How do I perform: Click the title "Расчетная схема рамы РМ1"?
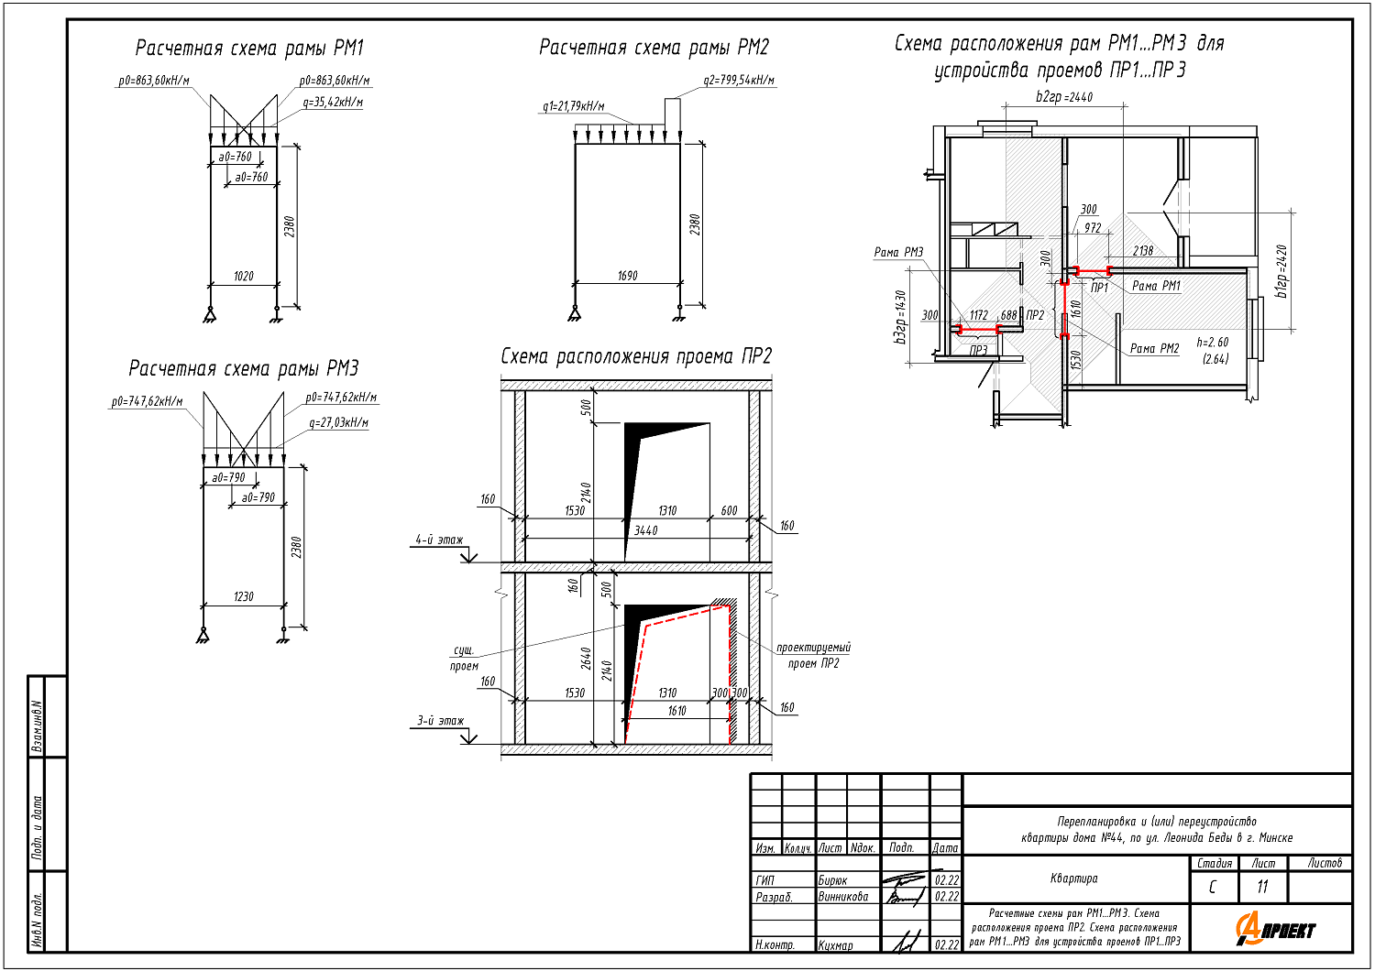click(x=249, y=49)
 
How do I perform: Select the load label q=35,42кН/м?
click(x=333, y=103)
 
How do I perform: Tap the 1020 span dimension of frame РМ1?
click(x=243, y=276)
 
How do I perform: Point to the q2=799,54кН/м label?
click(x=739, y=81)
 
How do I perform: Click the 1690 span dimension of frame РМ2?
click(x=627, y=276)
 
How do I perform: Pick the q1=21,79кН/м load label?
click(x=573, y=107)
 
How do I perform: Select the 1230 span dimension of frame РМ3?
click(x=243, y=596)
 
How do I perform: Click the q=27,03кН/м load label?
click(x=338, y=423)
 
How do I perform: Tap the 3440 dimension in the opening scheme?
click(x=645, y=530)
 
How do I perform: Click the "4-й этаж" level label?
click(x=439, y=540)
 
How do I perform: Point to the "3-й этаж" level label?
click(x=440, y=721)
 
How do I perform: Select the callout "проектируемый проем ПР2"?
click(x=813, y=655)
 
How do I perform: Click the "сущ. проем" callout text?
click(x=464, y=658)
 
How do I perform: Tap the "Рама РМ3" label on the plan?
click(x=898, y=253)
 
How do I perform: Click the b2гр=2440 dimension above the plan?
click(x=1064, y=97)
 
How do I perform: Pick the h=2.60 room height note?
click(x=1212, y=343)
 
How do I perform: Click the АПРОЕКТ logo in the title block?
click(x=1275, y=929)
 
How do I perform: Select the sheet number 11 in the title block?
click(x=1262, y=887)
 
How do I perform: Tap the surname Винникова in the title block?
click(x=843, y=897)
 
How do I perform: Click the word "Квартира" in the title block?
click(x=1073, y=878)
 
